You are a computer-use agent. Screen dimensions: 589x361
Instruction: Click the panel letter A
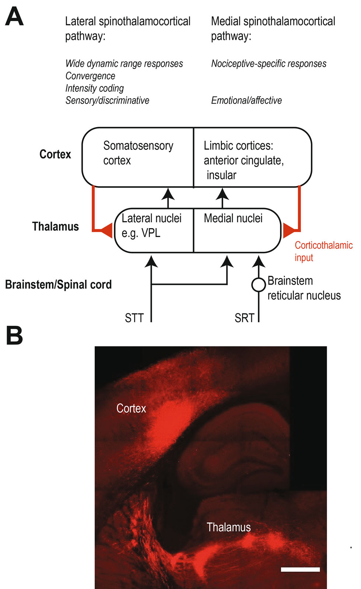coord(14,17)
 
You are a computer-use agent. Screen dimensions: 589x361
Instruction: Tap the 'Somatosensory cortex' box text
coord(138,153)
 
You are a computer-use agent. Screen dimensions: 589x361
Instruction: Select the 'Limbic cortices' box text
coord(243,160)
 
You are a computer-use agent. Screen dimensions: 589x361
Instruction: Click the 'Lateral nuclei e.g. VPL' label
coord(151,226)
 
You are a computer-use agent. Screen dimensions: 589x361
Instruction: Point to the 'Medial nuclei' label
coord(233,218)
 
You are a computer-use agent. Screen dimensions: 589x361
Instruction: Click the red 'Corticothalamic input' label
coord(323,251)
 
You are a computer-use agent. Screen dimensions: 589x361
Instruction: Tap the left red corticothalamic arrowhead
coord(106,230)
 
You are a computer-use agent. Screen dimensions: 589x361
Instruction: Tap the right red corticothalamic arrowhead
coord(288,230)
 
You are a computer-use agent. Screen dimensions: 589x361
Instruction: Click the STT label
coord(134,318)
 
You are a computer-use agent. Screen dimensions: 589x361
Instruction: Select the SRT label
coord(245,318)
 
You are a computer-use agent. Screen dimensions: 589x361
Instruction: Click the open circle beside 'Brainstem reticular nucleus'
coord(259,285)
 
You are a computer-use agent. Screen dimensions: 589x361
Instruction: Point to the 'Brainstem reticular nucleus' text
coord(304,288)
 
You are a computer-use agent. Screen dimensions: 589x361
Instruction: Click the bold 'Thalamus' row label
coord(55,226)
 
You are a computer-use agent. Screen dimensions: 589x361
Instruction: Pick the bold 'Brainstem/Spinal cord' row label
coord(58,285)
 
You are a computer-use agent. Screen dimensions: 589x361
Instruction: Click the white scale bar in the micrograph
coord(300,569)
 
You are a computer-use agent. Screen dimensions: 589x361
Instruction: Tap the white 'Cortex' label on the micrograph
coord(131,408)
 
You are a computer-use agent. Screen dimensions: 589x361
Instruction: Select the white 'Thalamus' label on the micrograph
coord(228,527)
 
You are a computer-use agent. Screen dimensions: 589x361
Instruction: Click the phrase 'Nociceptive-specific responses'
coord(269,64)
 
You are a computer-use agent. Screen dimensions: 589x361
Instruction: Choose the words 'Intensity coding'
coord(94,88)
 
